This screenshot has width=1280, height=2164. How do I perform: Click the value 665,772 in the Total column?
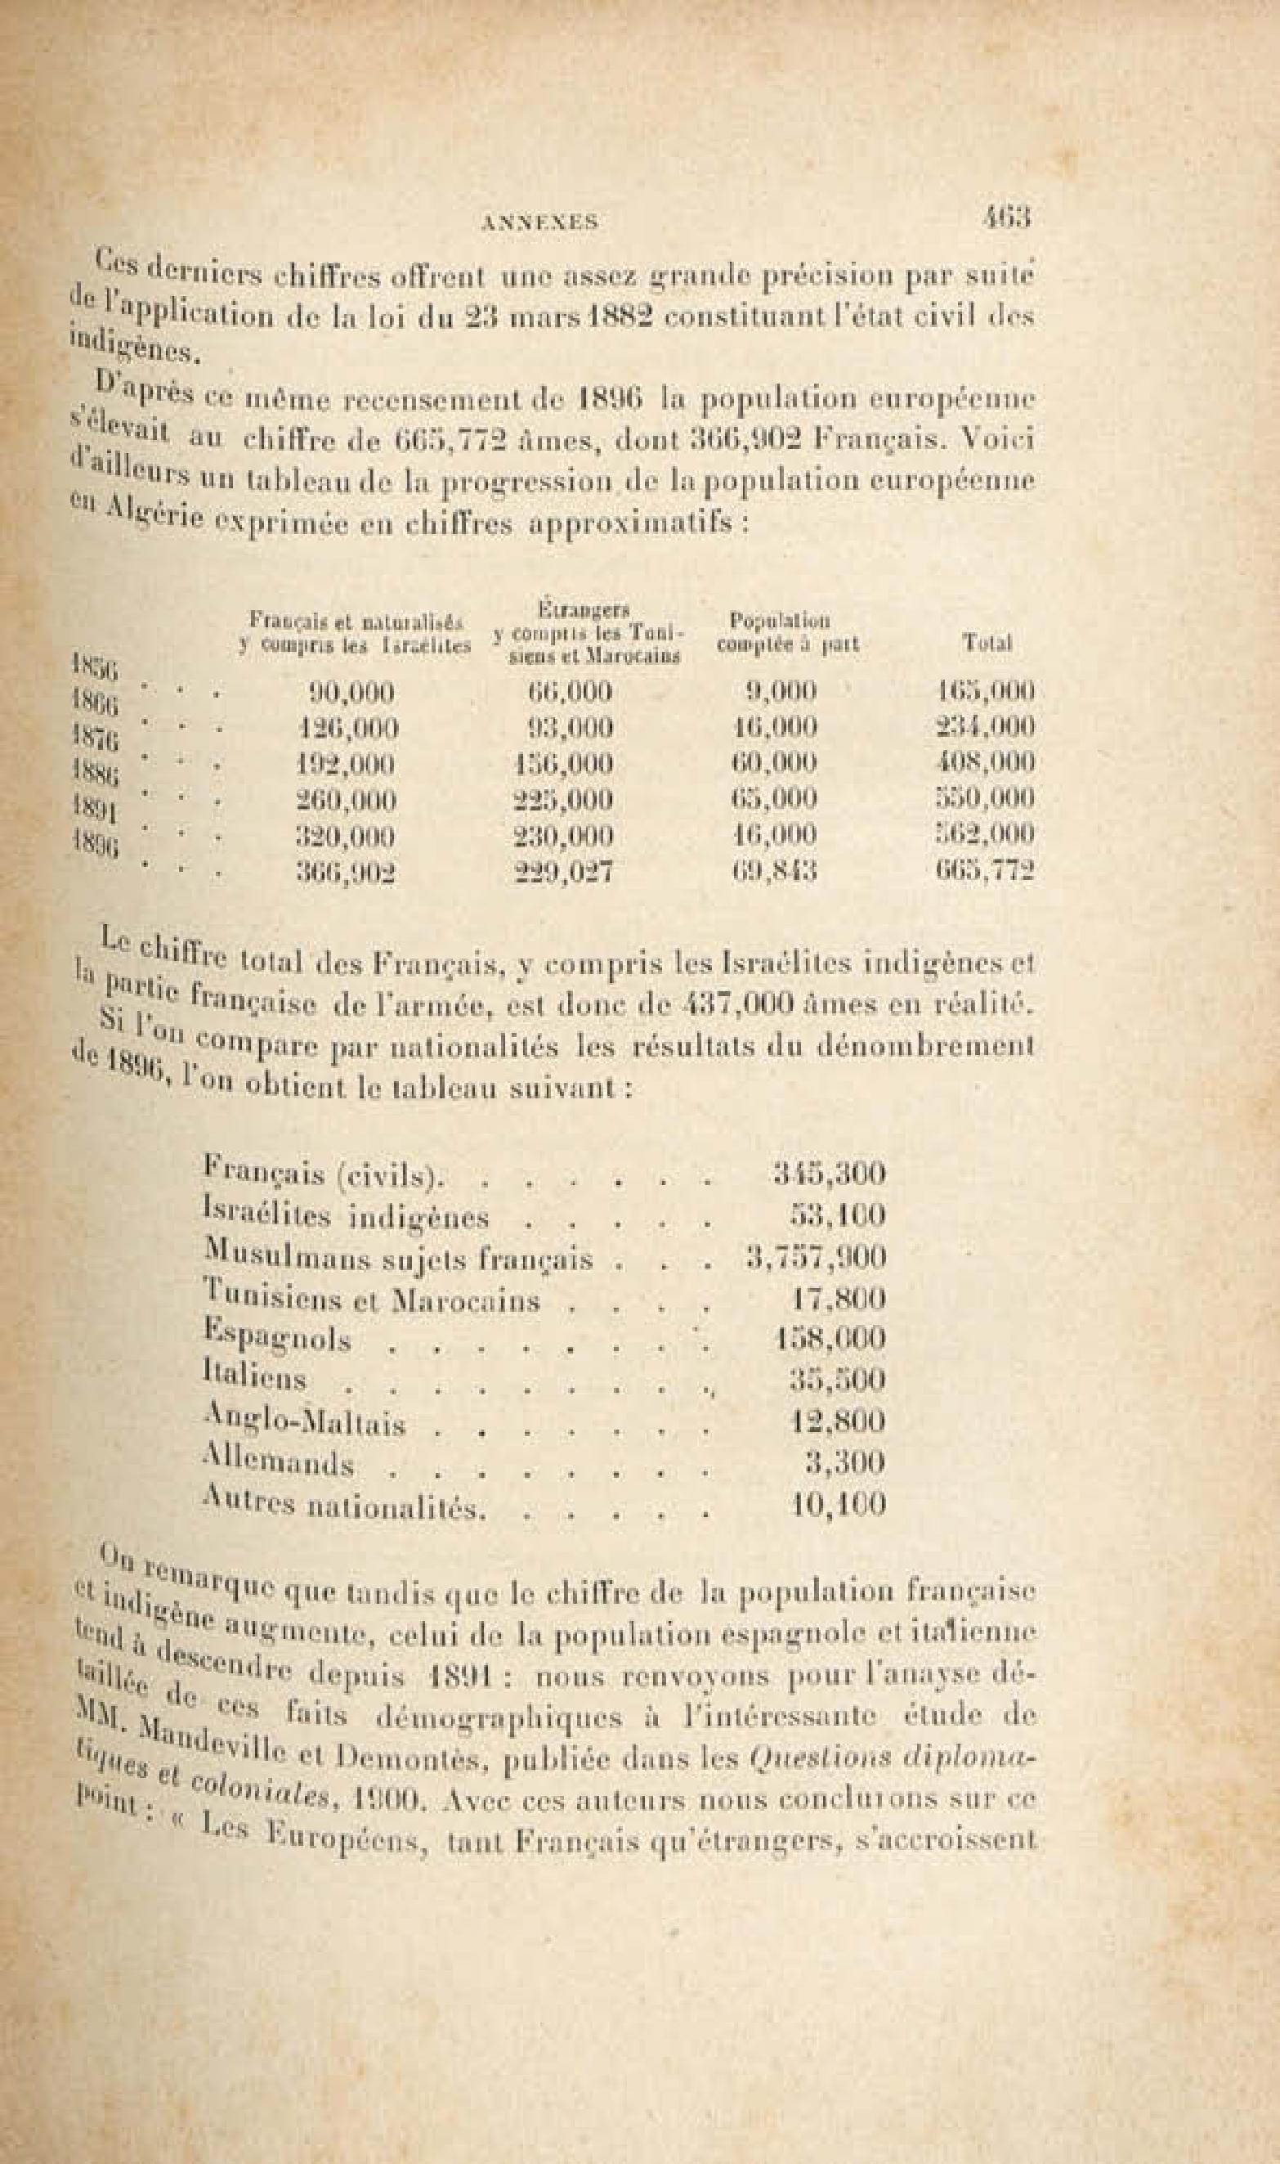pyautogui.click(x=985, y=872)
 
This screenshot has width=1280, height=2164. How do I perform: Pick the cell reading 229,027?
pyautogui.click(x=562, y=873)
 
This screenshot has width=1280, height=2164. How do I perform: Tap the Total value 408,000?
pyautogui.click(x=985, y=764)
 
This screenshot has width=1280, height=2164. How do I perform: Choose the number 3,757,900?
pyautogui.click(x=816, y=1257)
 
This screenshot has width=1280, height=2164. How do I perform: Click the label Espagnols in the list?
pyautogui.click(x=277, y=1338)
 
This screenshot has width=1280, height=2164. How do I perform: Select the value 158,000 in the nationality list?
pyautogui.click(x=828, y=1339)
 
